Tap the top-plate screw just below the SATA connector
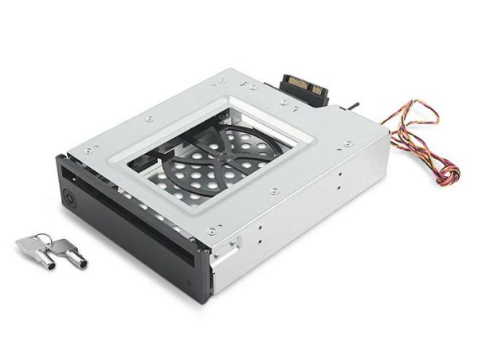(x=286, y=104)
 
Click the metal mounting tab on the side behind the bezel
(x=228, y=252)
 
